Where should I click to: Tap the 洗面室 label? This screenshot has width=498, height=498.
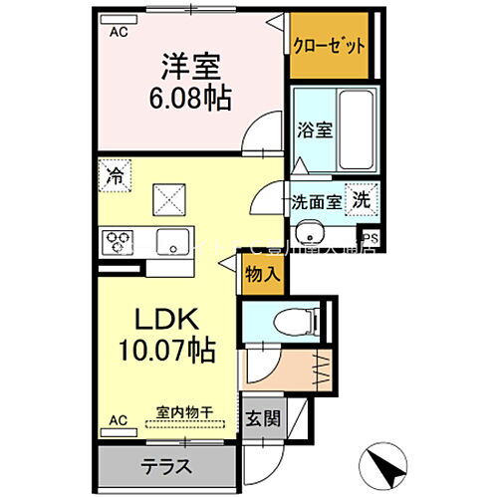(x=317, y=200)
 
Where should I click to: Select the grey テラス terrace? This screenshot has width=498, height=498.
(x=166, y=465)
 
